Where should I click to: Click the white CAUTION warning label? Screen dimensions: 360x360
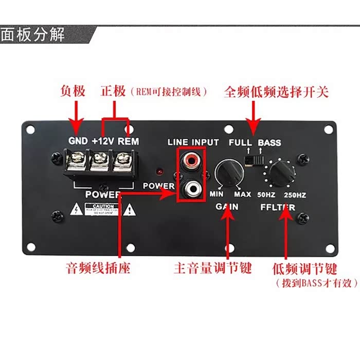point(103,210)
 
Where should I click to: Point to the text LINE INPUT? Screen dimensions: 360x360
point(193,142)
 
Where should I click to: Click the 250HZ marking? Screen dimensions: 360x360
point(295,195)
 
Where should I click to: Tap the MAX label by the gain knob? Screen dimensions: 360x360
point(242,194)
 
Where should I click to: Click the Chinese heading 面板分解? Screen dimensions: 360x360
point(33,35)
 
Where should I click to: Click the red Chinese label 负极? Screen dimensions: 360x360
point(72,92)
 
